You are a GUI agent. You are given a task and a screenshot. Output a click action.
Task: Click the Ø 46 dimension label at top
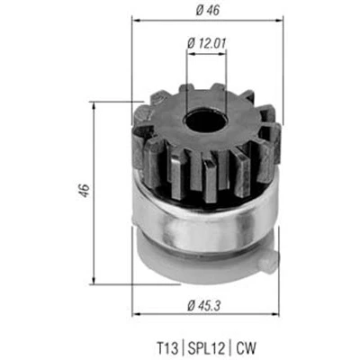click(x=208, y=10)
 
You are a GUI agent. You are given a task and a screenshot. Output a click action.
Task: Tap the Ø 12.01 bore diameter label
click(x=206, y=43)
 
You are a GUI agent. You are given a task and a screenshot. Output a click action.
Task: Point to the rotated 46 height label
click(x=85, y=190)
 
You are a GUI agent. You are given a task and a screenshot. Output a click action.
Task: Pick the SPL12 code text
click(x=206, y=348)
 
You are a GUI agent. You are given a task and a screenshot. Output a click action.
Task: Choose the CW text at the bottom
click(x=246, y=348)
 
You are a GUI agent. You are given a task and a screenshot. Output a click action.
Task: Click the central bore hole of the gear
click(x=205, y=121)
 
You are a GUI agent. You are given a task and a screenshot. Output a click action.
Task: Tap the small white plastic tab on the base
click(x=268, y=260)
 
